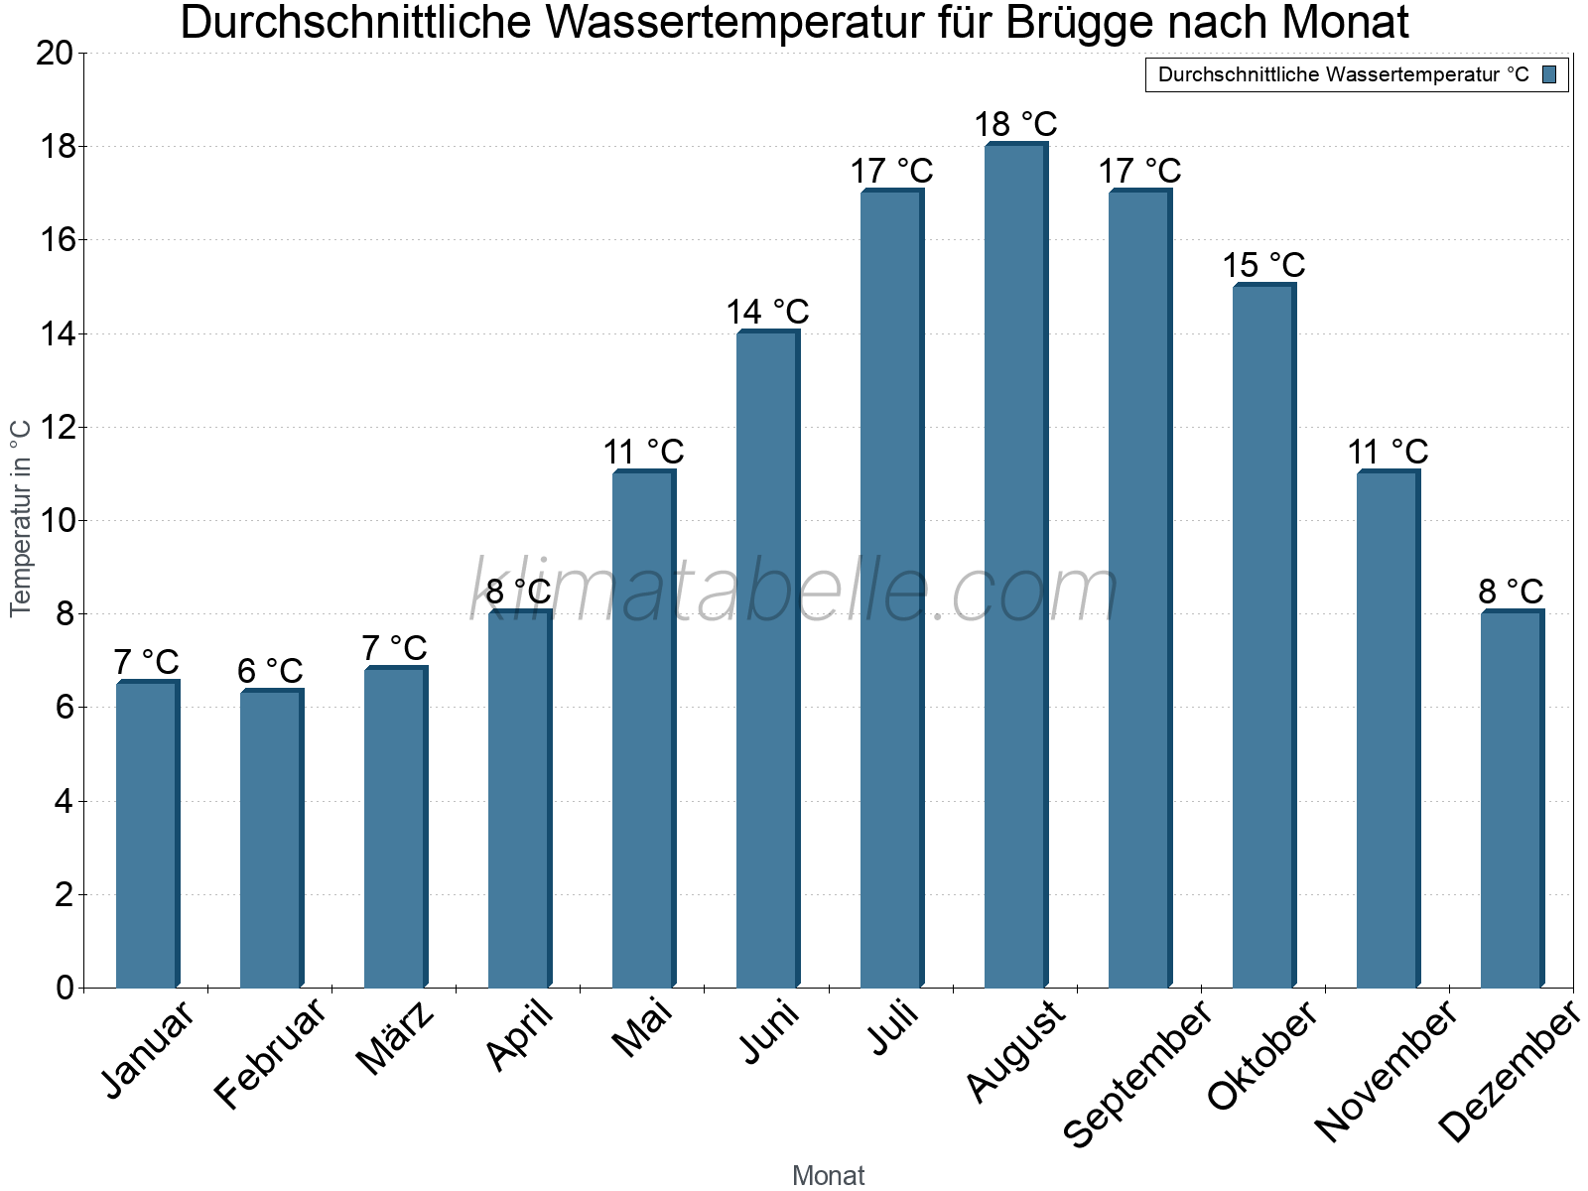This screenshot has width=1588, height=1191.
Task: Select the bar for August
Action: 1014,566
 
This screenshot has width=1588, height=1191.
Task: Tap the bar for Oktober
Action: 1262,635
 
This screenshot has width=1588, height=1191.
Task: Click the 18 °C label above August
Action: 1015,125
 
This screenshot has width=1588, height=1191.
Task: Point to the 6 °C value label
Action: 270,671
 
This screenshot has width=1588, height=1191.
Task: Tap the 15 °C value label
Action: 1263,266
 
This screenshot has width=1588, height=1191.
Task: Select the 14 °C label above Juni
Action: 767,313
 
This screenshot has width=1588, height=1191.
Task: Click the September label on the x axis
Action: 1137,1072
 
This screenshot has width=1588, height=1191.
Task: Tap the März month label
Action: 395,1038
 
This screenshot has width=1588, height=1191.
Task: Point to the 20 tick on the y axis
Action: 55,54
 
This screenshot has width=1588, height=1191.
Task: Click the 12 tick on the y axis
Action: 55,428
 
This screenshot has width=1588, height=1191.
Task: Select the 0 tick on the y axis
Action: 65,989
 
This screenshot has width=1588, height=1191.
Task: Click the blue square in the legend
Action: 1549,74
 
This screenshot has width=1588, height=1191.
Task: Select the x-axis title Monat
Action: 828,1176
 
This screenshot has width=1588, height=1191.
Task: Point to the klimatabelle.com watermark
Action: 794,592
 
